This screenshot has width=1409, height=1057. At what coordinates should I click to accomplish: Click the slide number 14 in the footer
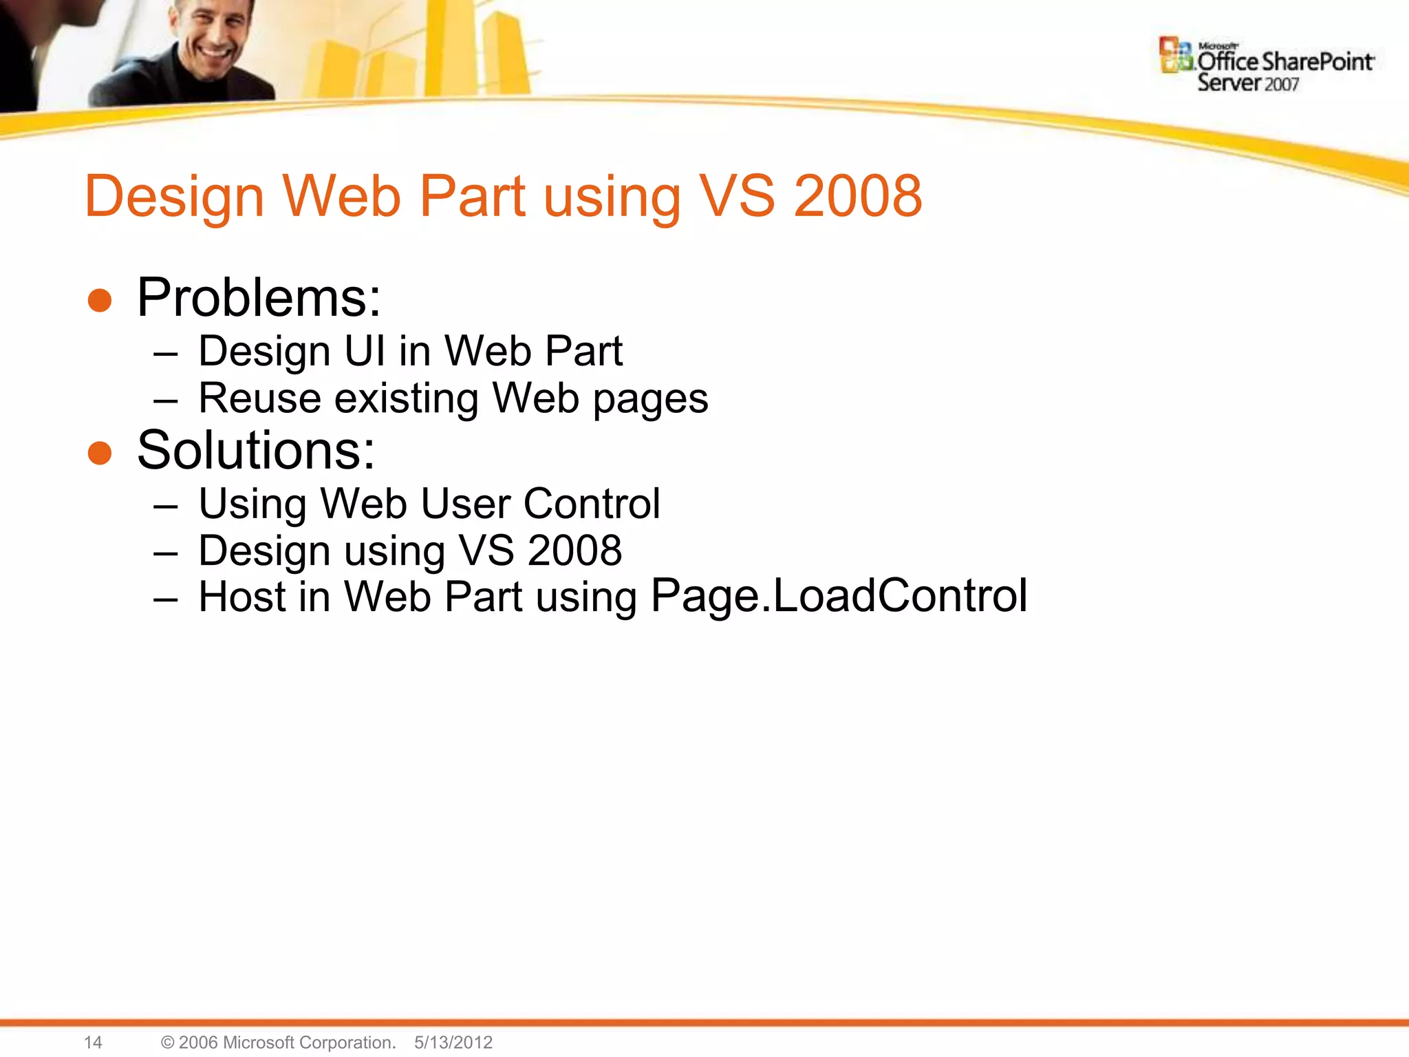93,1043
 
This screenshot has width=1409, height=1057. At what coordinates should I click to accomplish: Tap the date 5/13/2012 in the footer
453,1043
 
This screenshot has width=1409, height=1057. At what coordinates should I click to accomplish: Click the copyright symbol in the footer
167,1043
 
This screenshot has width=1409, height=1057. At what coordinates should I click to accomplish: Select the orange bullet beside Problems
100,301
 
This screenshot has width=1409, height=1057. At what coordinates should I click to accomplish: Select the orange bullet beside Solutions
100,453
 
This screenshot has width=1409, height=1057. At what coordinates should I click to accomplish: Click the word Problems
258,298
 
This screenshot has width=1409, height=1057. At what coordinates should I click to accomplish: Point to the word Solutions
256,451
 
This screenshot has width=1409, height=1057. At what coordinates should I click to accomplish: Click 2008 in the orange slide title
858,196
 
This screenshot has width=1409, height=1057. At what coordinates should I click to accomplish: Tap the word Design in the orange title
174,197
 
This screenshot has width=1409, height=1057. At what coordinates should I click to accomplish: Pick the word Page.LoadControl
839,596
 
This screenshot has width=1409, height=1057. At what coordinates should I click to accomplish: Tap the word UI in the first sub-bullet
365,351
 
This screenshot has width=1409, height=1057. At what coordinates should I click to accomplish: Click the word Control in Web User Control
592,504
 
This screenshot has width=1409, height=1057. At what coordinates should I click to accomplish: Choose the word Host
241,597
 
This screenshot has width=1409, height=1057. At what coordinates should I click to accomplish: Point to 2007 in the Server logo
1281,85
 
